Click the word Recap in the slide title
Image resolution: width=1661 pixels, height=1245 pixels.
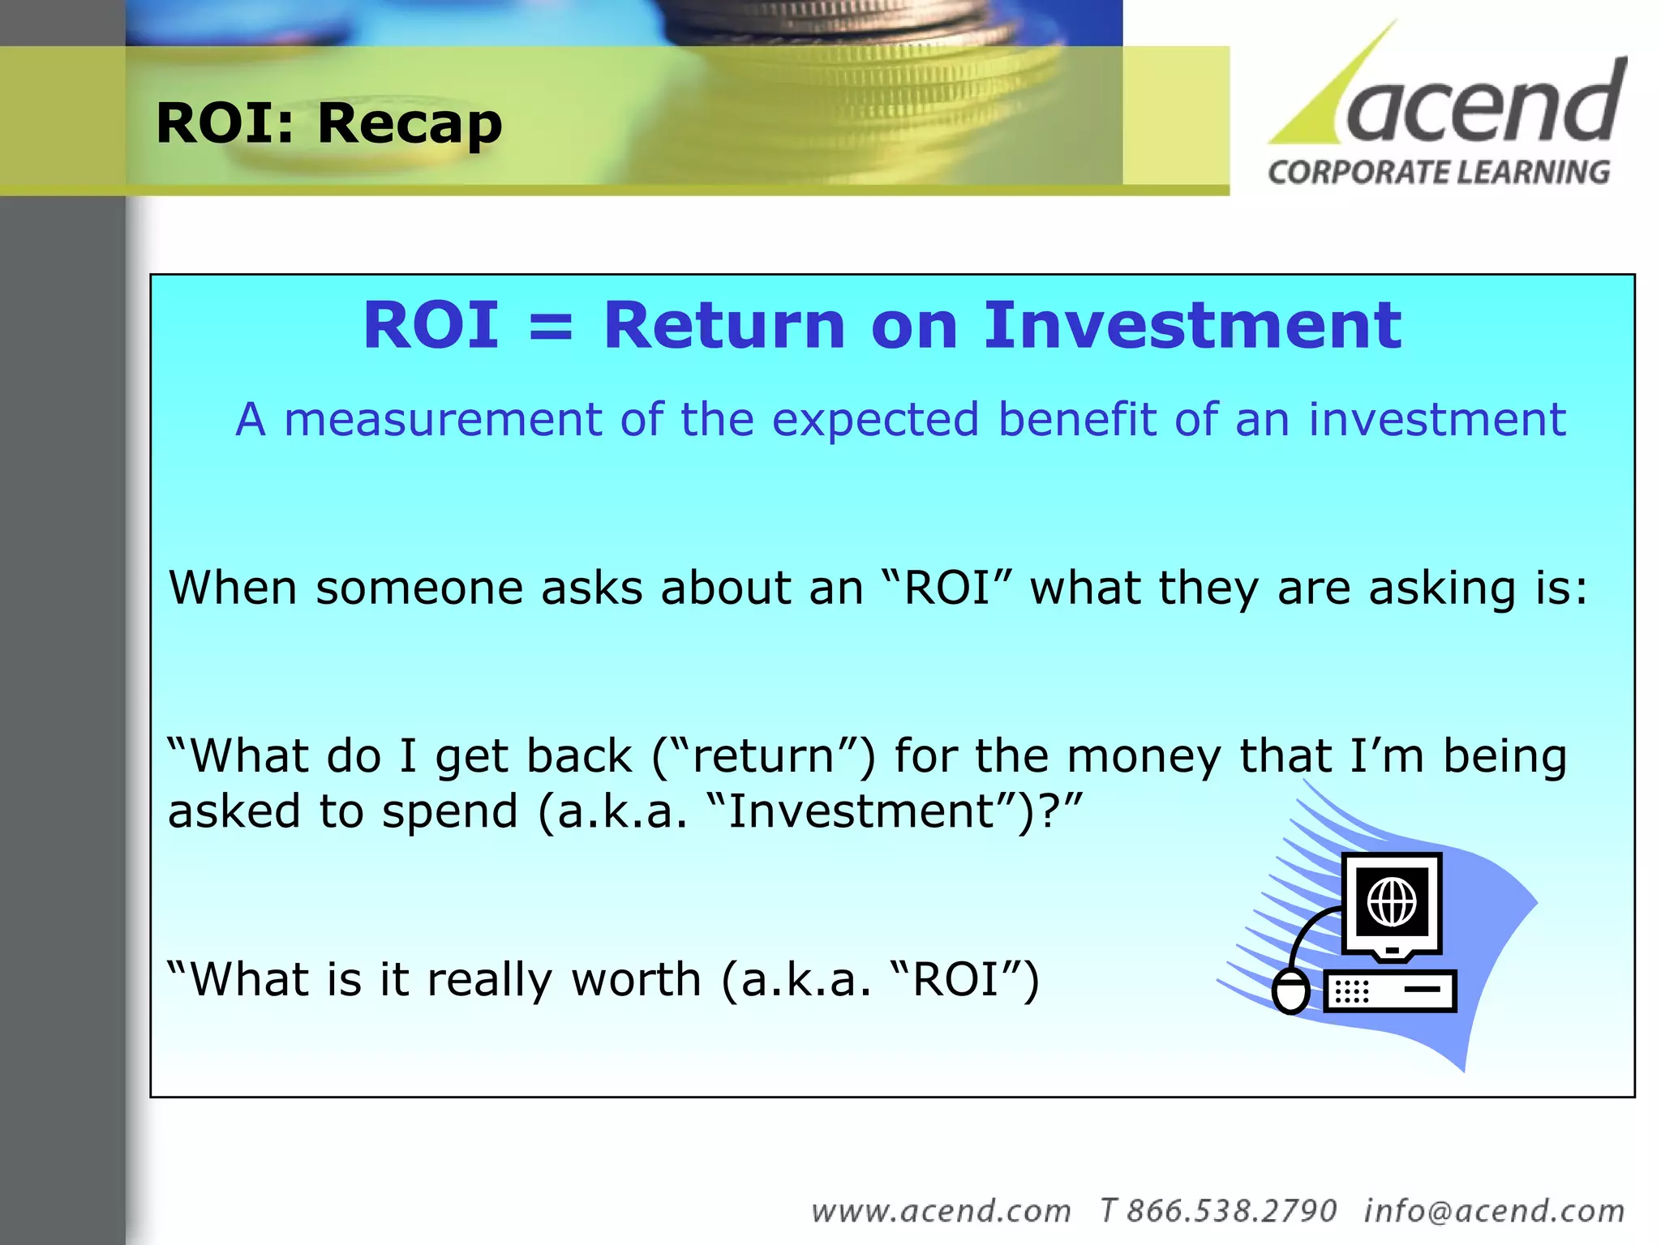tap(410, 124)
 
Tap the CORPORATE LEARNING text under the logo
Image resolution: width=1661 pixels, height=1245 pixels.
tap(1439, 173)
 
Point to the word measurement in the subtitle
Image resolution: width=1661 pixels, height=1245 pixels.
tap(443, 420)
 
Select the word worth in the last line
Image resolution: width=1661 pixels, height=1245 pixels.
tap(637, 979)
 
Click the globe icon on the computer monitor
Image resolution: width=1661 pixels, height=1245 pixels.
tap(1392, 901)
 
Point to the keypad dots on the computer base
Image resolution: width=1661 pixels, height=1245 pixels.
tap(1352, 991)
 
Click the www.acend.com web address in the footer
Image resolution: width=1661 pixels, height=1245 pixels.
tap(941, 1211)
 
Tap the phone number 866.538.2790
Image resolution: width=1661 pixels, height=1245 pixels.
tap(1230, 1211)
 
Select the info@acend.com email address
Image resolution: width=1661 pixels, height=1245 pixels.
tap(1494, 1211)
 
